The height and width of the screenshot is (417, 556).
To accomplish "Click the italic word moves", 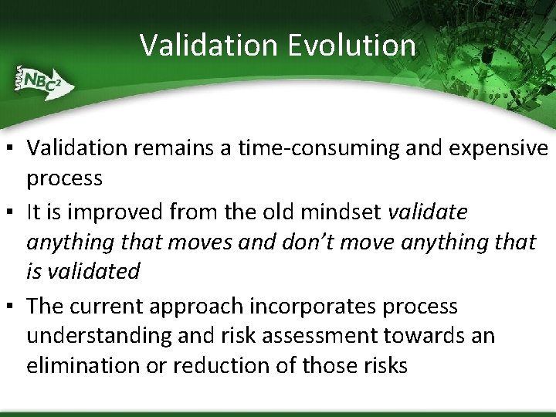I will pyautogui.click(x=210, y=242).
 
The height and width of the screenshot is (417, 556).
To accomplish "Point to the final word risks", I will pyautogui.click(x=383, y=365).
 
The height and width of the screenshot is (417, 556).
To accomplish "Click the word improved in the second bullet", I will pyautogui.click(x=113, y=211).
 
